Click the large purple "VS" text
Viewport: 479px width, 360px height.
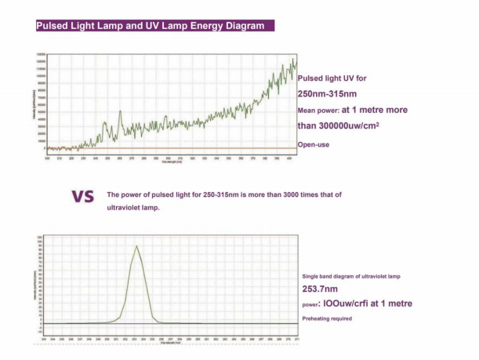click(82, 196)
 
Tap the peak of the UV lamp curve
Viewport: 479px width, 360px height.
click(137, 246)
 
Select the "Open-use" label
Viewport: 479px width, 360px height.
click(314, 144)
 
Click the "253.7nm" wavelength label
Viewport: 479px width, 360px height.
click(318, 289)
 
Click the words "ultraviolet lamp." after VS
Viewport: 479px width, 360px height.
click(133, 207)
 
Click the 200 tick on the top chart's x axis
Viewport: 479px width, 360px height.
click(47, 158)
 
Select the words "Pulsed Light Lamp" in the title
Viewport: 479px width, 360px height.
click(83, 25)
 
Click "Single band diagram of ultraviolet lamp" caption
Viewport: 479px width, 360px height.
click(356, 277)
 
